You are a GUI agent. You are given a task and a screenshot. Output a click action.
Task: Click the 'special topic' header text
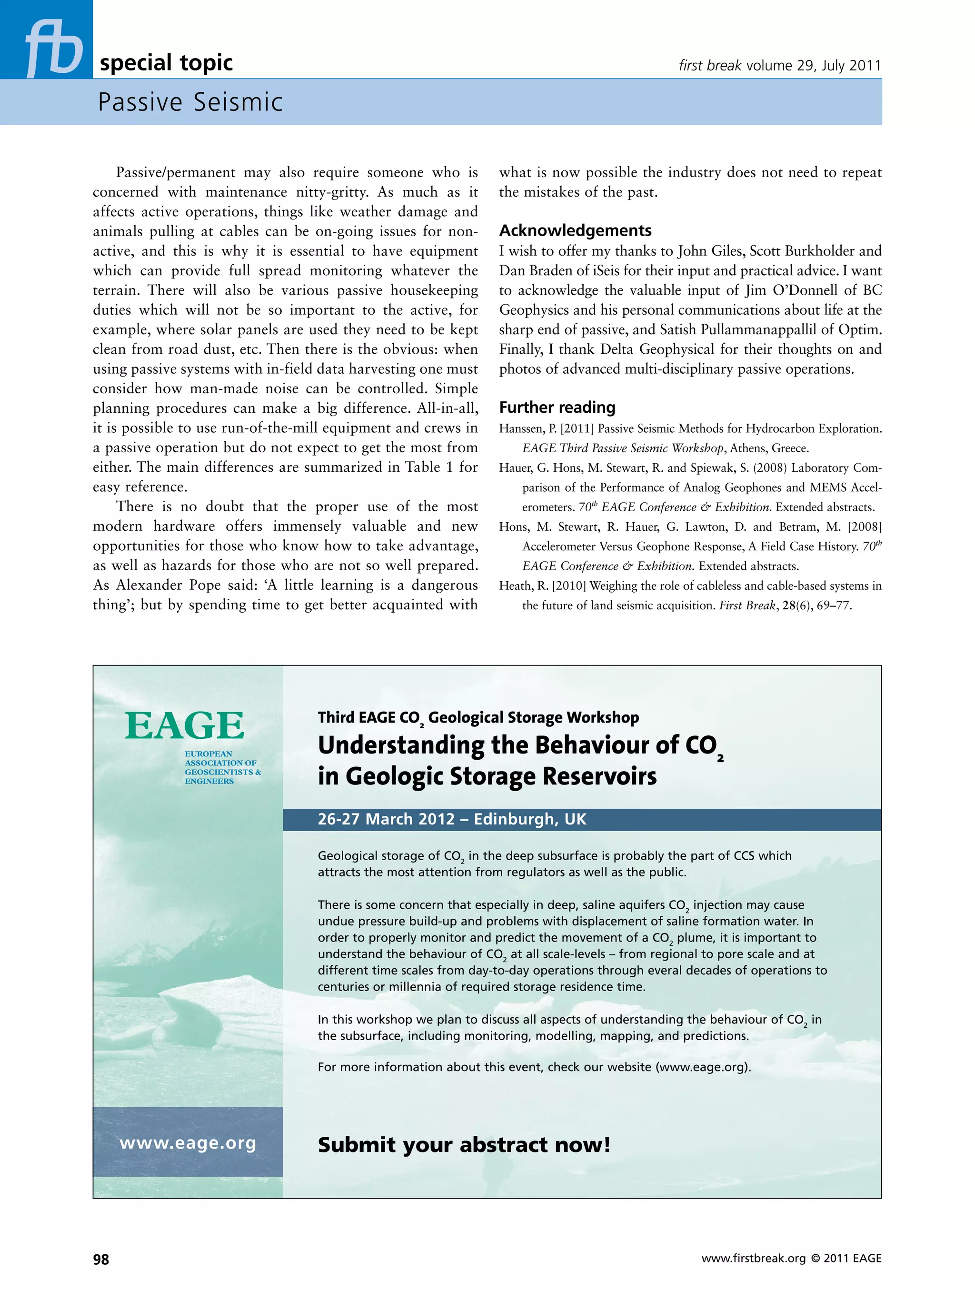(x=166, y=62)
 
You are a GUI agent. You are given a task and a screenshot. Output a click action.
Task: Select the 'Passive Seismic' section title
(x=190, y=102)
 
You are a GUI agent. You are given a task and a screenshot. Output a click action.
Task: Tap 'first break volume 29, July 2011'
(x=779, y=65)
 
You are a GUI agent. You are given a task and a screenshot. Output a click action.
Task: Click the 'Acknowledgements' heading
(x=575, y=230)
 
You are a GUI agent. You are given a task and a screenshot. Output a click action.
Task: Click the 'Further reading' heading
(x=557, y=407)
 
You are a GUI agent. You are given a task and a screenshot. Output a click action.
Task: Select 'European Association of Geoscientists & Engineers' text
(x=222, y=767)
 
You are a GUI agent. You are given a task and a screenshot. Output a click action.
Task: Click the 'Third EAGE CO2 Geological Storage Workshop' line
(x=478, y=717)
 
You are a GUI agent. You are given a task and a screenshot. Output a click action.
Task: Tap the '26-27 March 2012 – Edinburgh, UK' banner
(x=451, y=819)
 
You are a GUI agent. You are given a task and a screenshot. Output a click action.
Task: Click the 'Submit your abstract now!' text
(x=464, y=1145)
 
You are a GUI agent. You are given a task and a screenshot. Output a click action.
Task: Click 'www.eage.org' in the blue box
(x=188, y=1143)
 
